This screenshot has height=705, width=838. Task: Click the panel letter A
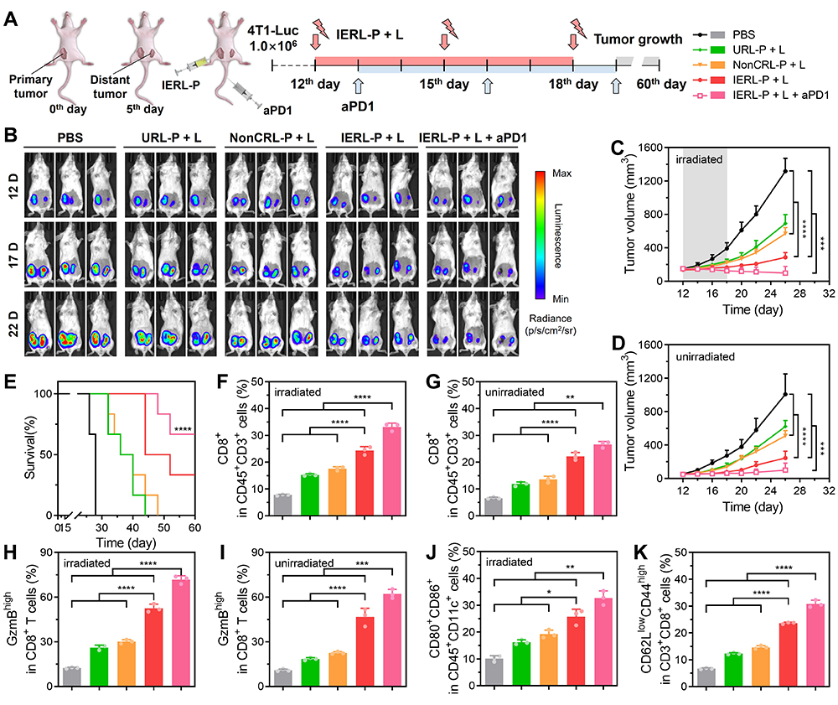11,18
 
